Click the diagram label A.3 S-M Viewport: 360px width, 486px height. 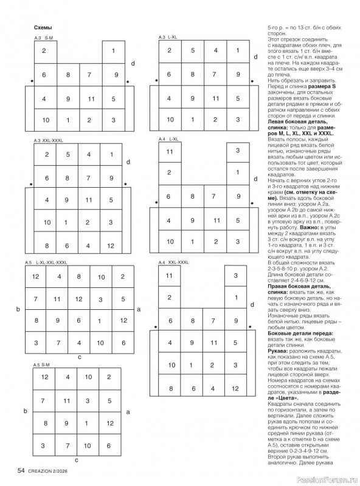coord(43,38)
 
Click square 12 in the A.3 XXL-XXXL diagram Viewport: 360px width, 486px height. coord(110,245)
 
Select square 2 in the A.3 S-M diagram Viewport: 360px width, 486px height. coord(44,50)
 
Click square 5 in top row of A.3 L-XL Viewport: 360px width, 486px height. coord(192,50)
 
